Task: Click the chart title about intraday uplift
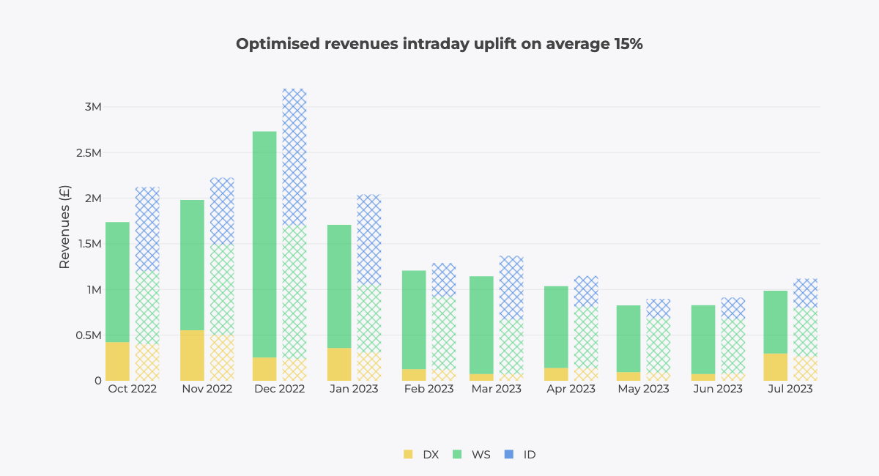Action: click(x=439, y=44)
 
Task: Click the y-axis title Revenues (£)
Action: click(x=64, y=226)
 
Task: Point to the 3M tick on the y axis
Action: click(x=92, y=107)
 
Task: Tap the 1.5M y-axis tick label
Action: click(x=88, y=244)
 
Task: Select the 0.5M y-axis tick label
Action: click(x=88, y=335)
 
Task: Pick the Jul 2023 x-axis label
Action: click(x=789, y=389)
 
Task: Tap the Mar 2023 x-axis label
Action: click(x=497, y=389)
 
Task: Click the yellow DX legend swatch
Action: click(x=408, y=455)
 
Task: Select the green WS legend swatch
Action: click(x=457, y=455)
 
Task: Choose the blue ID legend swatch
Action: click(x=508, y=455)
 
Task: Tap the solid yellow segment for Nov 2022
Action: click(x=192, y=355)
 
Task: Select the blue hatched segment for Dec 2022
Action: click(x=294, y=157)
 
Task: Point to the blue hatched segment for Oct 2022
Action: click(x=147, y=229)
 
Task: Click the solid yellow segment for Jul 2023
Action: click(x=776, y=367)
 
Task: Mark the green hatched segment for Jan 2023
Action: click(x=369, y=319)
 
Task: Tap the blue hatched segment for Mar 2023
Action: click(x=511, y=287)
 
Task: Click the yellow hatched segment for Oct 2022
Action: click(x=147, y=362)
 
